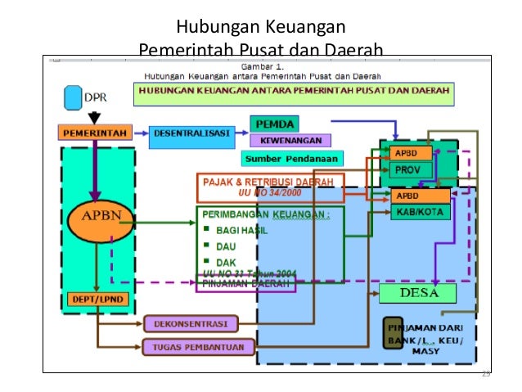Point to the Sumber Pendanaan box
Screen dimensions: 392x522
coord(292,158)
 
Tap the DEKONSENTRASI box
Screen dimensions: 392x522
coord(190,324)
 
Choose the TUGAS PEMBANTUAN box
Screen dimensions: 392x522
coord(190,346)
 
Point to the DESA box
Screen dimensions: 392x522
coord(420,293)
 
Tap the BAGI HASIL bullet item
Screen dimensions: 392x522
coord(241,230)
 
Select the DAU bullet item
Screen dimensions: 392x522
coord(226,246)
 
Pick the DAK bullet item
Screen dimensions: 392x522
coord(225,262)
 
